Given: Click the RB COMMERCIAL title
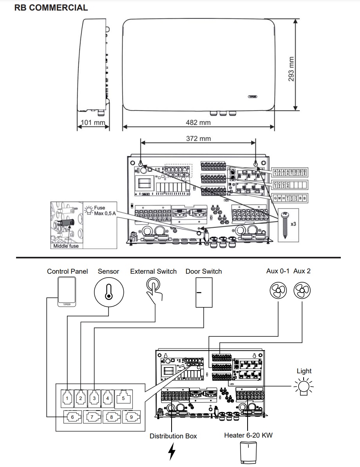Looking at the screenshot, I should tap(51, 8).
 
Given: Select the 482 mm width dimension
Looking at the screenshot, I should tap(198, 123).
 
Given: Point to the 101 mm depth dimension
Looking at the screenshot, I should tap(92, 123).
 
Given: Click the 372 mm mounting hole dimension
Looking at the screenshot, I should tap(198, 139).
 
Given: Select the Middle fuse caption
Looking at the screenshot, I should tap(66, 246).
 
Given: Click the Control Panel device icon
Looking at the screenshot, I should tap(67, 292).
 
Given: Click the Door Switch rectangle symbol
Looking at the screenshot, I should tap(204, 293).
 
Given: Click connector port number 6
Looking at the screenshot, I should tap(73, 417).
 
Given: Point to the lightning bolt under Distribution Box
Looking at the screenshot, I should tap(172, 452).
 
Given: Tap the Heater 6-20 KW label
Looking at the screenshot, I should tap(248, 435).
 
